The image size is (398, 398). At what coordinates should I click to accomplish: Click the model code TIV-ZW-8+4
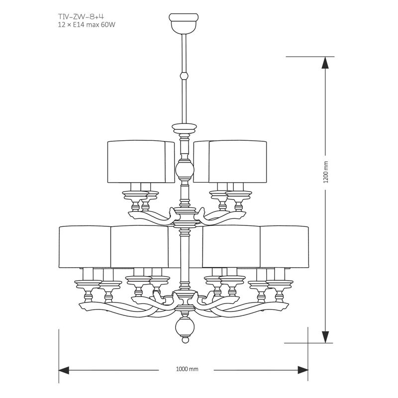point(81,17)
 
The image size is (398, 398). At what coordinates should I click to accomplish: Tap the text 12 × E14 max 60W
point(87,25)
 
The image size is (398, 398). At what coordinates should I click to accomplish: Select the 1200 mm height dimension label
point(326,172)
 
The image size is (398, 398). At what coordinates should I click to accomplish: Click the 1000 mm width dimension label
point(187,369)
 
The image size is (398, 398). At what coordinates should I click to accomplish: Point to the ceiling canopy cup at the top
point(184,23)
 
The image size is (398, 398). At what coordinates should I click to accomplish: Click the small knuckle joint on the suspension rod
point(184,76)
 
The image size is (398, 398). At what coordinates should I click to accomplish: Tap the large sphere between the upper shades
point(185,170)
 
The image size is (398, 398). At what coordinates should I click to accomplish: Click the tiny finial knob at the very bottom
point(185,340)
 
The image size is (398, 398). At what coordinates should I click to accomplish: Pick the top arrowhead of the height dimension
point(325,63)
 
